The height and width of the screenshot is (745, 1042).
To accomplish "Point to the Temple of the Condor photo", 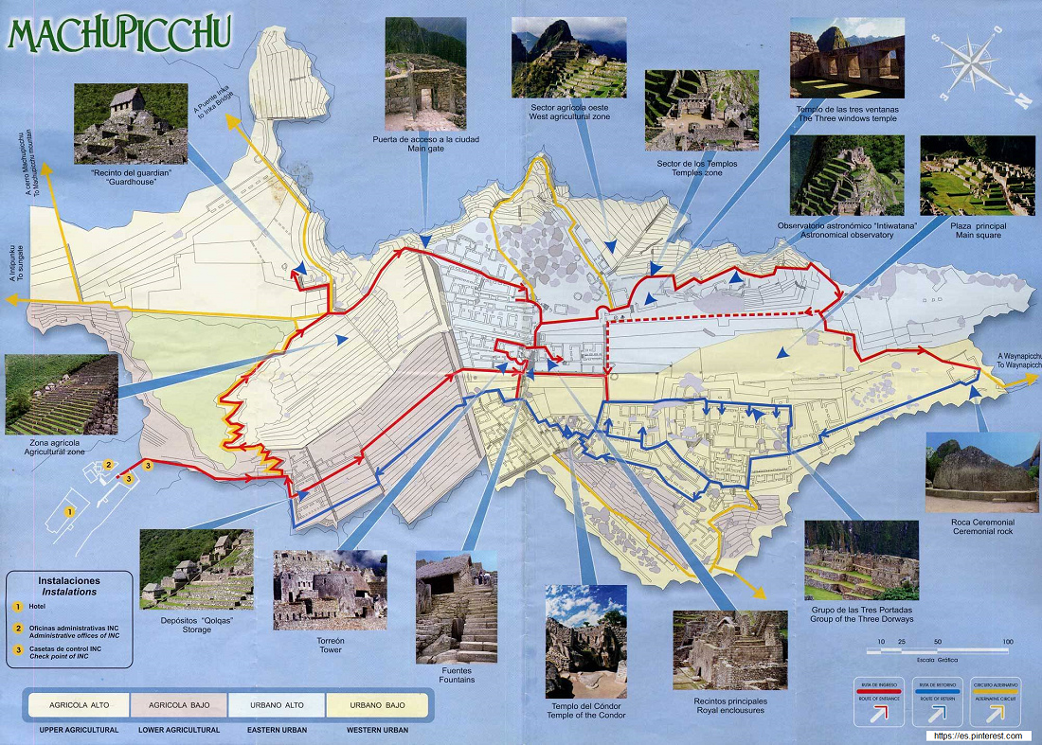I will [585, 641].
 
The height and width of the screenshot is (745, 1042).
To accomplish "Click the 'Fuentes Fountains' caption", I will [457, 674].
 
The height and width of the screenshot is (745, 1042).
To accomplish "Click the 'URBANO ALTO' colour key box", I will [277, 704].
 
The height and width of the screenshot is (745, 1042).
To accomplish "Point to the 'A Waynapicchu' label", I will [1018, 361].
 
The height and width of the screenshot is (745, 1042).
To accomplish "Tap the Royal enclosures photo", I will [729, 649].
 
